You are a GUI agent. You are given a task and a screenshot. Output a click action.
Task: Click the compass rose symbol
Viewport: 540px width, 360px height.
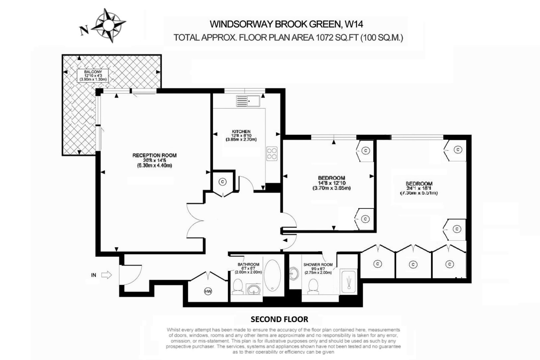[108, 25]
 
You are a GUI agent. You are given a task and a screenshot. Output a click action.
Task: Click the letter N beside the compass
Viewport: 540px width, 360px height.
[84, 31]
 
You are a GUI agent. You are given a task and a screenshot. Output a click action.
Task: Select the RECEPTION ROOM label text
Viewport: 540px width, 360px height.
[154, 155]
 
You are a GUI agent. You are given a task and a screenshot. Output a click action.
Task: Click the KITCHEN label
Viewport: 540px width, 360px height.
[241, 132]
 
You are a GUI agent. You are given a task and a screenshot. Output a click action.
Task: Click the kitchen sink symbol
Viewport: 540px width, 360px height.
[248, 101]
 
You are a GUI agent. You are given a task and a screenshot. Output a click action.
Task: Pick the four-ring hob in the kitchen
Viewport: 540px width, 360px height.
[272, 154]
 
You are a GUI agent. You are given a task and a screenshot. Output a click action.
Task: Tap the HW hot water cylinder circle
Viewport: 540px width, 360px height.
[208, 292]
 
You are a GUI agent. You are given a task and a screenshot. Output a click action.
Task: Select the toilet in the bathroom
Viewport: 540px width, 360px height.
[238, 286]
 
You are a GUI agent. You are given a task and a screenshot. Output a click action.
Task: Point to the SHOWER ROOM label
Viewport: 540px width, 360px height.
[318, 265]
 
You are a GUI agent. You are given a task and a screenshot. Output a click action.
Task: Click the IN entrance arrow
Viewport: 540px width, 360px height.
[107, 275]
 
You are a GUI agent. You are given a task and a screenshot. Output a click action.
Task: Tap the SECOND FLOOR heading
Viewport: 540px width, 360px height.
[279, 319]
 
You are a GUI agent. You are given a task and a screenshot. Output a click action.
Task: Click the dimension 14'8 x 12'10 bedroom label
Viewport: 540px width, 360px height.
[331, 183]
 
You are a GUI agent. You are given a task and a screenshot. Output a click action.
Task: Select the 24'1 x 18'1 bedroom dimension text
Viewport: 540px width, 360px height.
[419, 188]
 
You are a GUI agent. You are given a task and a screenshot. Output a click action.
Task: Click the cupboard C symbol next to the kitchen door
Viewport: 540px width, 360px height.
[223, 182]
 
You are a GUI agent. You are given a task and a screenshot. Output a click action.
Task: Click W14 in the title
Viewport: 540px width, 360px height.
[354, 24]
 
